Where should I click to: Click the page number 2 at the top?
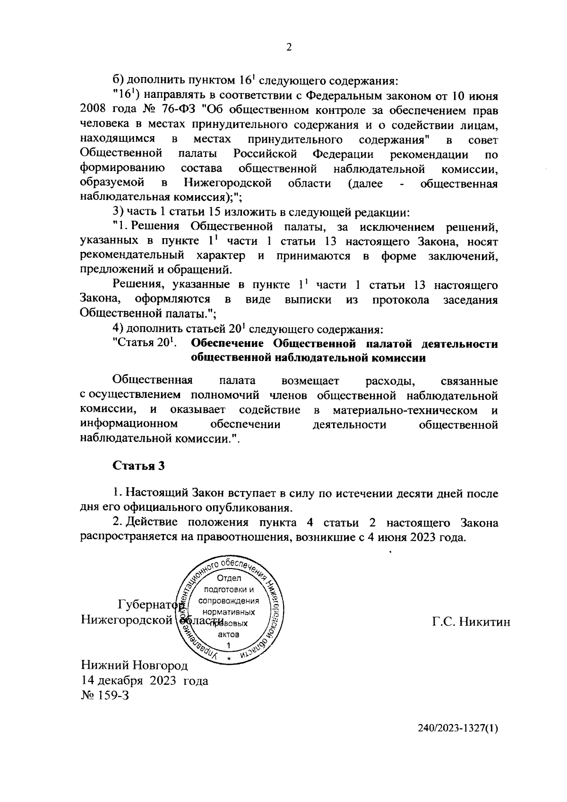[x=289, y=47]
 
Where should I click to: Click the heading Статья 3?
[x=138, y=466]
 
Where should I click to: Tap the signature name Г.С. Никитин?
[x=471, y=622]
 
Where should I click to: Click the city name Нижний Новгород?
[x=134, y=666]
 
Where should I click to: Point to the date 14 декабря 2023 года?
[x=144, y=681]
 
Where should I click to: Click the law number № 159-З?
[x=105, y=696]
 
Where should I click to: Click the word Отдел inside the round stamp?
[x=229, y=578]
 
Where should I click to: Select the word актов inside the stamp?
[x=229, y=634]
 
